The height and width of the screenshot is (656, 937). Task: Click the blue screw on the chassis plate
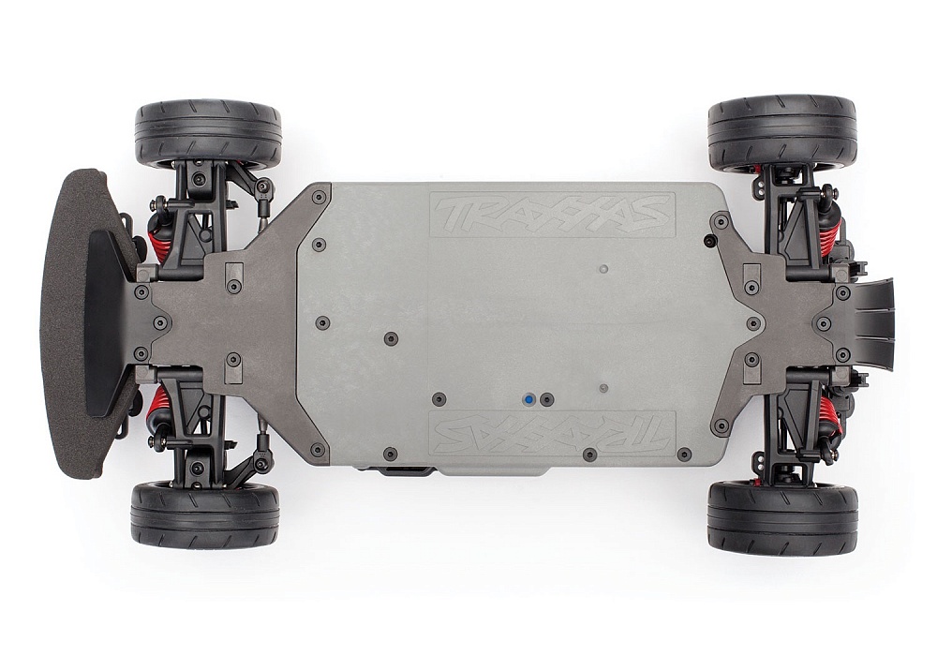point(531,399)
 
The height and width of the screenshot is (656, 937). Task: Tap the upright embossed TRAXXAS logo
point(553,215)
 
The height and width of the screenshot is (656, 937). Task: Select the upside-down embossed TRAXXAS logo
point(553,433)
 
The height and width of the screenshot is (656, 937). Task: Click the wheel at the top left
point(208,134)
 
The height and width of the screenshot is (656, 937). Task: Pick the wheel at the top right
point(781,131)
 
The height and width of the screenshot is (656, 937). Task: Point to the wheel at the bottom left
point(205,514)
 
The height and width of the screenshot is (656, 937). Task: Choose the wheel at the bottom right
point(782,518)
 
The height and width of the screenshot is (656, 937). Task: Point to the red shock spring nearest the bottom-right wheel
point(828,412)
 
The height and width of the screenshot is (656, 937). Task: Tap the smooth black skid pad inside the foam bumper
point(105,323)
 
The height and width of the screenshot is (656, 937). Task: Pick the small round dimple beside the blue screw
point(603,387)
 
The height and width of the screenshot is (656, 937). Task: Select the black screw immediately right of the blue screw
point(547,399)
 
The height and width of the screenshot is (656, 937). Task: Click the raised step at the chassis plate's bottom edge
point(487,468)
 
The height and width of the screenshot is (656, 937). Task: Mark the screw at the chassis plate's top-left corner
point(319,197)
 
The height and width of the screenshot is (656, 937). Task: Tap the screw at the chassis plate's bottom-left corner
point(319,451)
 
